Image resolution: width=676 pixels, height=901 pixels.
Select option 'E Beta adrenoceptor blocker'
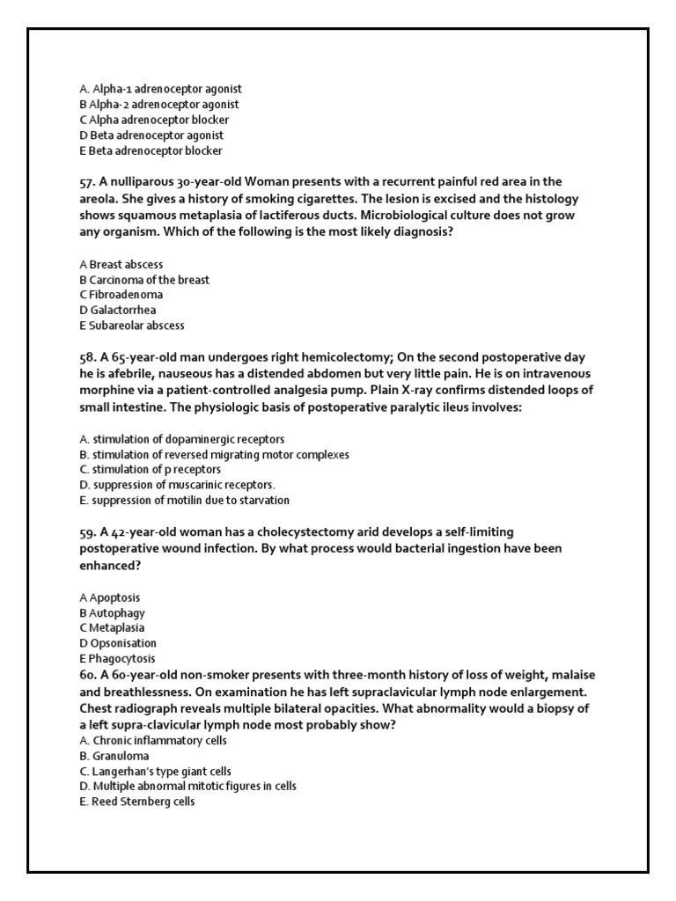(x=151, y=150)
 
